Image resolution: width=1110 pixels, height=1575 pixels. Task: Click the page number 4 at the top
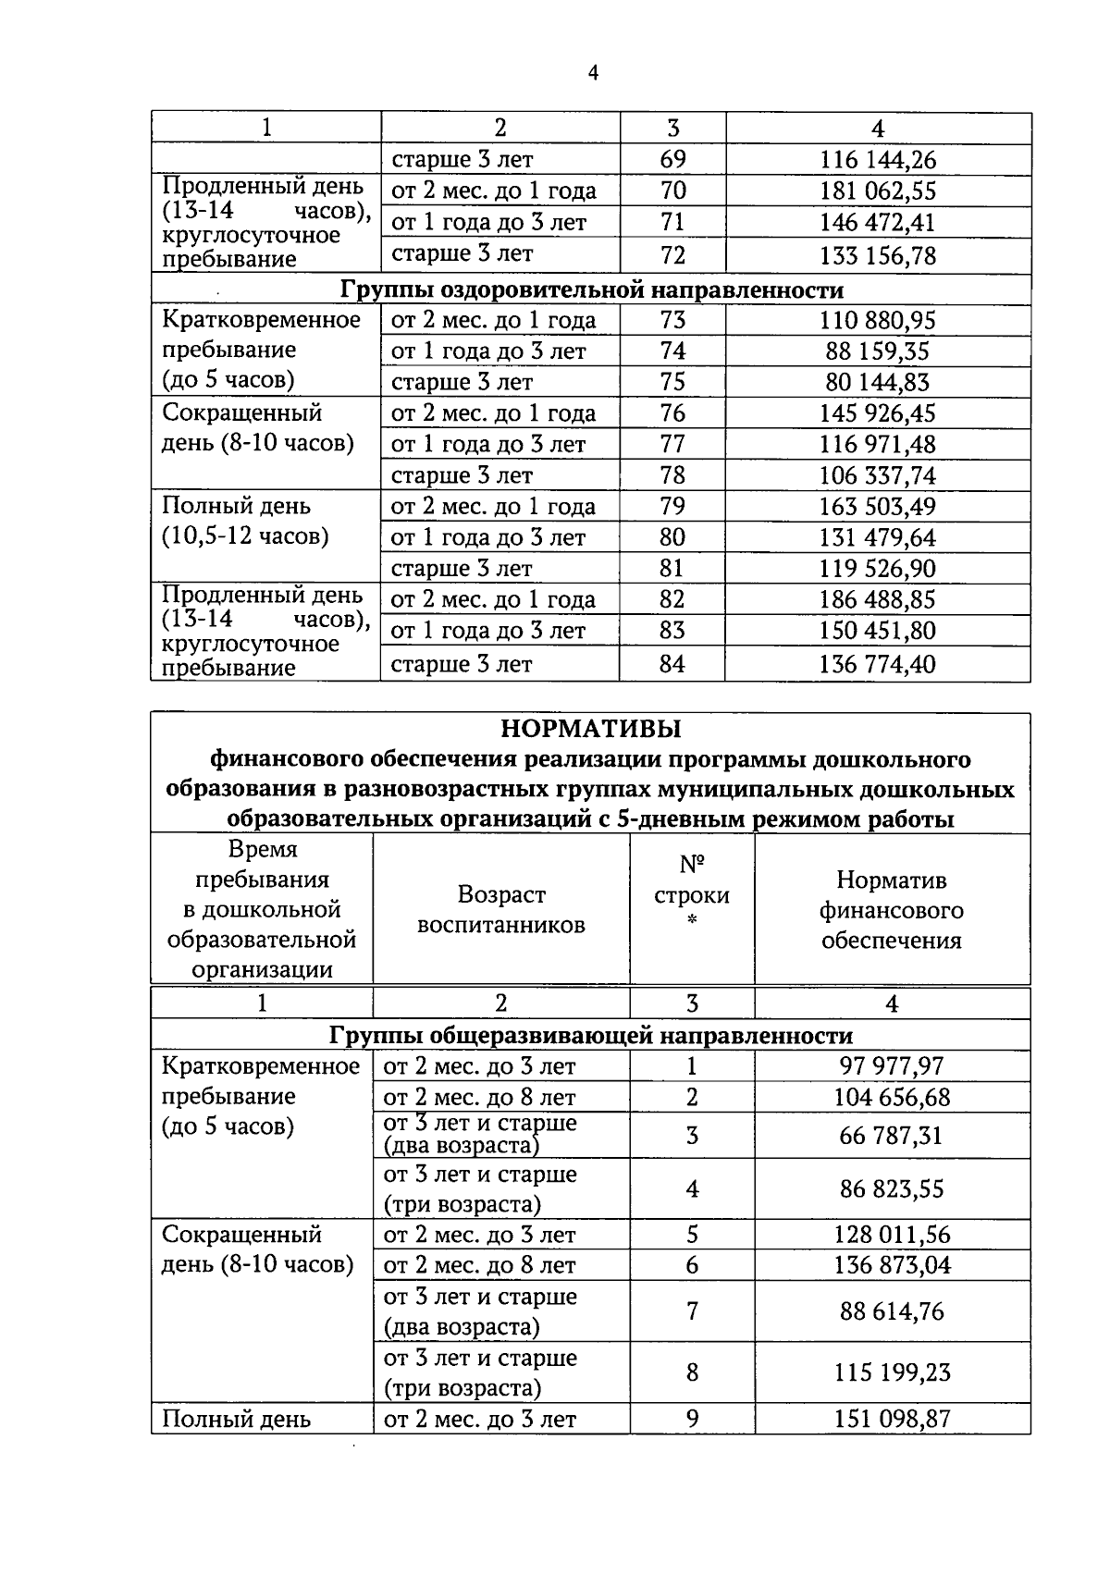(x=593, y=73)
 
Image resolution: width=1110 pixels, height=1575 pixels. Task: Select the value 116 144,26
(x=878, y=160)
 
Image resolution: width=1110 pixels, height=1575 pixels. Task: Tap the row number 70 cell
(x=672, y=191)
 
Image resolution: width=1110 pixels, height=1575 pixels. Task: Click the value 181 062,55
(x=878, y=191)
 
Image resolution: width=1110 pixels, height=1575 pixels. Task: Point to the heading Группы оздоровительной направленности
(x=592, y=289)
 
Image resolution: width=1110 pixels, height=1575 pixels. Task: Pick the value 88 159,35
(x=878, y=351)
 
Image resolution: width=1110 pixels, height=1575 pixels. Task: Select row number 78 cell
(x=672, y=475)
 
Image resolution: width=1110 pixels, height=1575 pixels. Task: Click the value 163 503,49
(x=878, y=507)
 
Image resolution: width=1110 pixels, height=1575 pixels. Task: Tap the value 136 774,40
(x=878, y=664)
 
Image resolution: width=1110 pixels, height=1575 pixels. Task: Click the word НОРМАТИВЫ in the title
(x=591, y=729)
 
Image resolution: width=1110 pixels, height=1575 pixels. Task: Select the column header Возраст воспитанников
(x=500, y=909)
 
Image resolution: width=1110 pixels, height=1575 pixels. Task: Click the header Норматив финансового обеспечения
(x=892, y=910)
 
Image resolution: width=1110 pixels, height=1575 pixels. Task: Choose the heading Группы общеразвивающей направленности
(x=591, y=1035)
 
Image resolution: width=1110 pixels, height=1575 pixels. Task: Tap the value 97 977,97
(x=892, y=1066)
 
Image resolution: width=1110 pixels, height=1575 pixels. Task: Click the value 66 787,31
(x=892, y=1136)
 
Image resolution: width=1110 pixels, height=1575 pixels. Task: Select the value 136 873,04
(x=892, y=1265)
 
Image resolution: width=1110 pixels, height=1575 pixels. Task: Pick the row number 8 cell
(x=692, y=1372)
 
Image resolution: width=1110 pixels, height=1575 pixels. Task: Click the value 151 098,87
(x=892, y=1419)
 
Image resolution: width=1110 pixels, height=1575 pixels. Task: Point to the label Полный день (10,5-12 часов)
(x=245, y=522)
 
